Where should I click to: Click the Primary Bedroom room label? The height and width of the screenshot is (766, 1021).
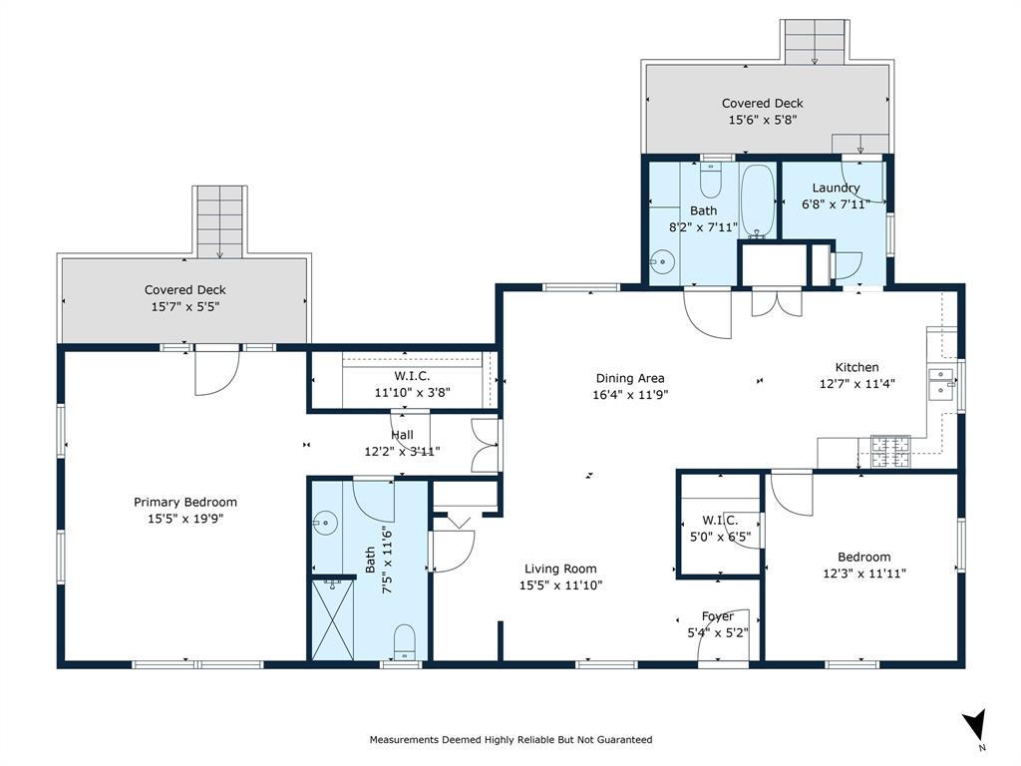(x=185, y=502)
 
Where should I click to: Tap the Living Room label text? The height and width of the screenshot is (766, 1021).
(x=560, y=569)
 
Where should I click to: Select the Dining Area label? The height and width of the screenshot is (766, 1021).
(x=630, y=378)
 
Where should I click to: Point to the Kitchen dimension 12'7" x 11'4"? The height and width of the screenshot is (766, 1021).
(x=857, y=383)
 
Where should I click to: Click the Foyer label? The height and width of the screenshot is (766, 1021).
(x=717, y=616)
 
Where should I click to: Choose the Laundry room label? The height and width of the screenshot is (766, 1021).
(x=836, y=188)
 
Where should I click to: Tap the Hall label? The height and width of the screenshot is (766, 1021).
(x=402, y=435)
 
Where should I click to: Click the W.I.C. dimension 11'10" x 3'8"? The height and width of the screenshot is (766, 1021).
(x=412, y=392)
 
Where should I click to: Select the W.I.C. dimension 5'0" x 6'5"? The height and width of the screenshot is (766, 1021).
(x=719, y=536)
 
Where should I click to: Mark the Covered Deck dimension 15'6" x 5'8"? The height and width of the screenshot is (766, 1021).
(x=763, y=119)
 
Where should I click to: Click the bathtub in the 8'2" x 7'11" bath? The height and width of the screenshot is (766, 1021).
(x=758, y=199)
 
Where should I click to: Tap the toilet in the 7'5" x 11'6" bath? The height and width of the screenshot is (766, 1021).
(x=404, y=640)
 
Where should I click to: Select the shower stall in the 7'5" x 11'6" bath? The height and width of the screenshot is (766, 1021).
(x=331, y=619)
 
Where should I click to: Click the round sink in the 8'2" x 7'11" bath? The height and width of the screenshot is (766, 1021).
(x=660, y=263)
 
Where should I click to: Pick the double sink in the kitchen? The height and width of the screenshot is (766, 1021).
(x=940, y=383)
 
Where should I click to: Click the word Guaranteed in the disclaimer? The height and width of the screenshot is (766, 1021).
(x=623, y=740)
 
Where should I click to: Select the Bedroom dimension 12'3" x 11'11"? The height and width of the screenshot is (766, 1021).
(x=863, y=573)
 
